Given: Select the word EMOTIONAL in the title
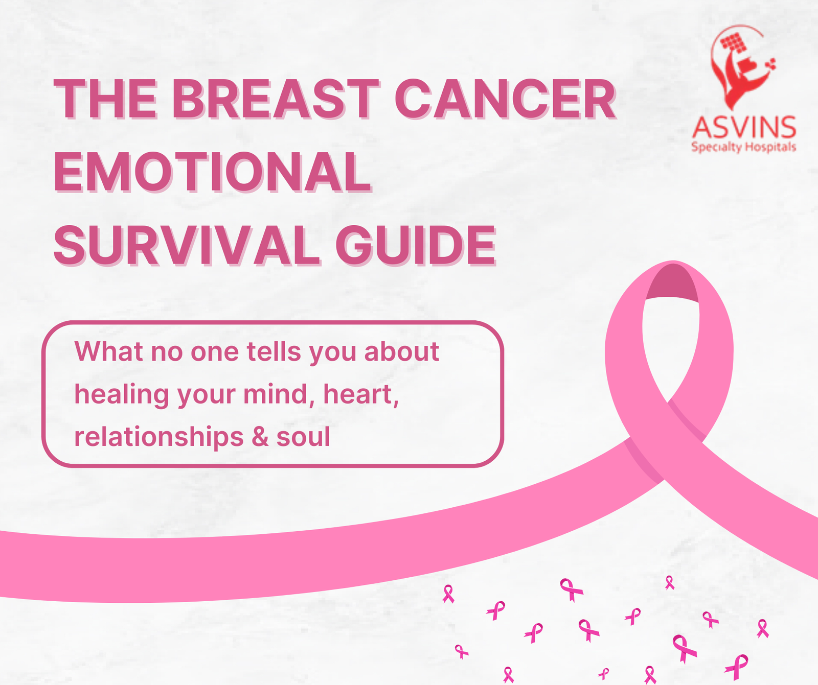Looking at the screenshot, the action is pos(212,172).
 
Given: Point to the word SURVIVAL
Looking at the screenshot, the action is pos(187,246).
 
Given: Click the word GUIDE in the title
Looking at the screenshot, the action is pos(416,246).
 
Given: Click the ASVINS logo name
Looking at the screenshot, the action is pos(744,128).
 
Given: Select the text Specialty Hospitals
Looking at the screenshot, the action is pos(744,147).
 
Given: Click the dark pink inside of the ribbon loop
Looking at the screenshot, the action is pos(672,284).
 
